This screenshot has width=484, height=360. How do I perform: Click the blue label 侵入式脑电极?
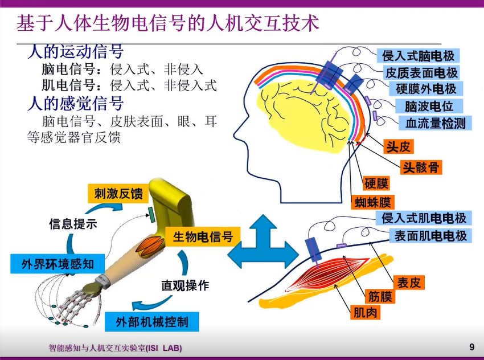click(x=419, y=56)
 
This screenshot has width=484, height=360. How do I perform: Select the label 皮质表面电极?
click(x=421, y=72)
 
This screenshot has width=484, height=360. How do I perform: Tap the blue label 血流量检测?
click(x=435, y=123)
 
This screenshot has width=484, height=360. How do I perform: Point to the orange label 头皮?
click(x=398, y=146)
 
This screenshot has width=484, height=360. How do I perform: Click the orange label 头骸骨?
click(x=421, y=167)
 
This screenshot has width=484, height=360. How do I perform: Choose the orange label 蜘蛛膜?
click(x=373, y=202)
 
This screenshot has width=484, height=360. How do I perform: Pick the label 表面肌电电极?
click(x=430, y=236)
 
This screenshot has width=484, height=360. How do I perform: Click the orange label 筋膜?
click(x=380, y=296)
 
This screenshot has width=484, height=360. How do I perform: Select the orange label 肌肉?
click(x=365, y=312)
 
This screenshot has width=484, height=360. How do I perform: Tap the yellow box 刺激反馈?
click(x=118, y=194)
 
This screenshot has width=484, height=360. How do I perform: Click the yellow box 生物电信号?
click(x=203, y=236)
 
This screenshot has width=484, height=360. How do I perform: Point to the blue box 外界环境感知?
click(x=58, y=264)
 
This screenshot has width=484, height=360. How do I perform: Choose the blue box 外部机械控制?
click(x=152, y=322)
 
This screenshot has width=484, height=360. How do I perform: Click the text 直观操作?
click(x=185, y=285)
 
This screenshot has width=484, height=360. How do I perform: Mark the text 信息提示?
click(x=73, y=223)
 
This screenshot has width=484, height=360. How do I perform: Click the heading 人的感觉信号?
click(x=76, y=104)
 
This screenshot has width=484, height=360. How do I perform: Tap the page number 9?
click(x=471, y=347)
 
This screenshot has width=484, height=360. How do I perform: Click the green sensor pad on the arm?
click(x=152, y=215)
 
